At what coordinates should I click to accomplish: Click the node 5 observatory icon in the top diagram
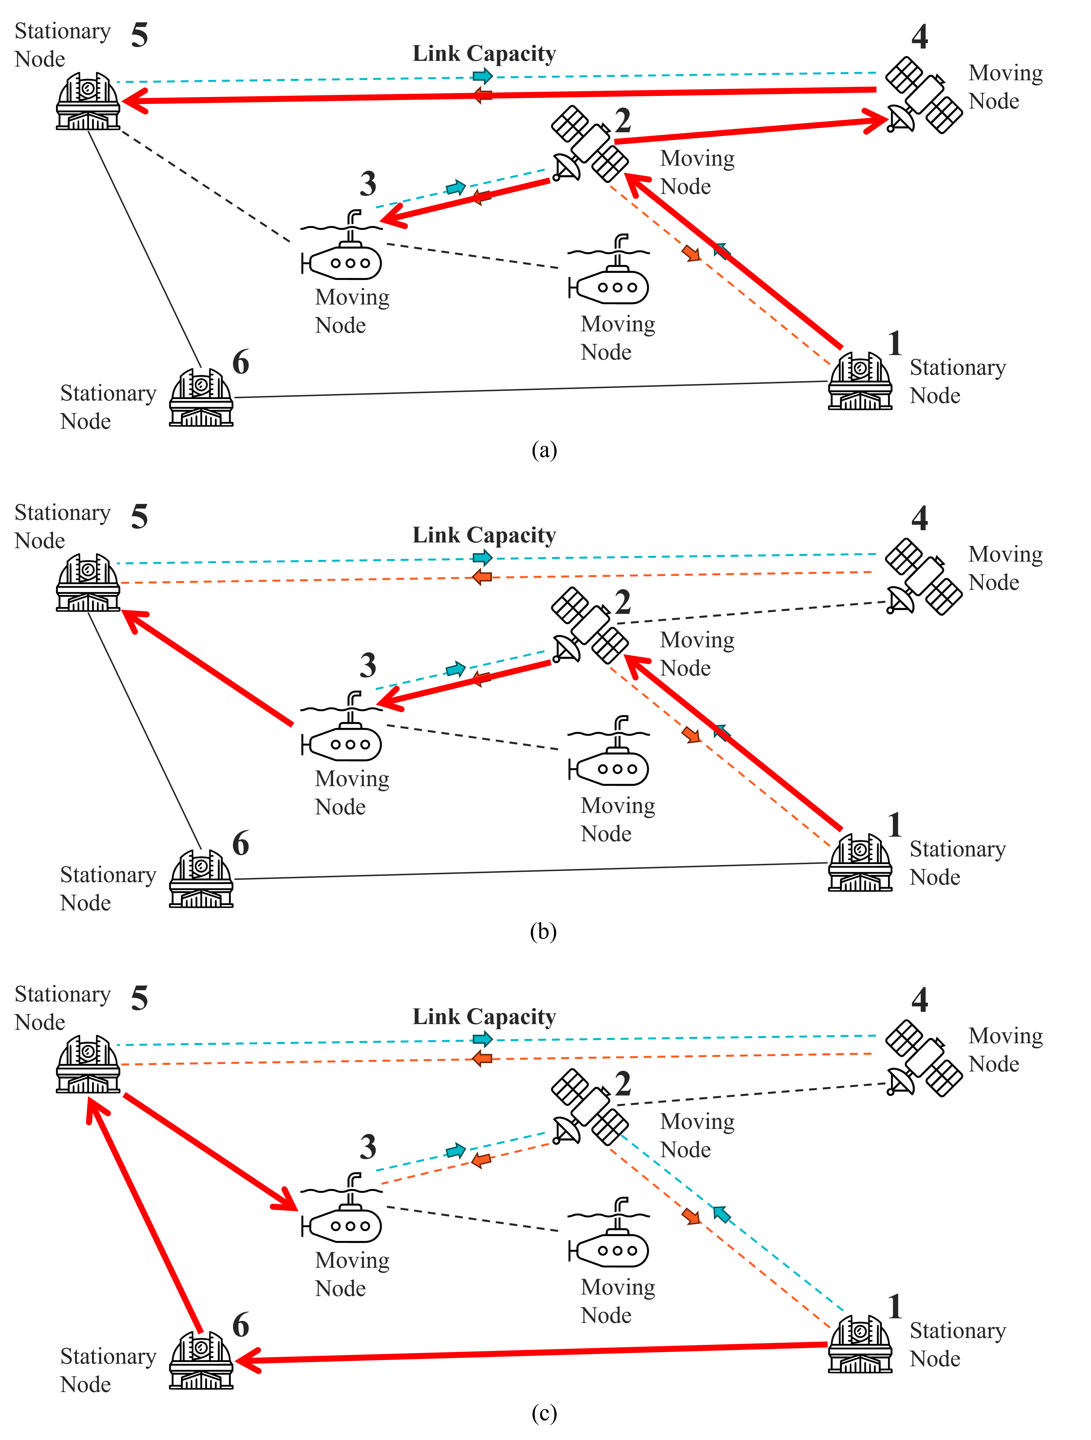click(x=88, y=101)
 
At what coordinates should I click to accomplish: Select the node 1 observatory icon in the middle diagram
click(x=860, y=863)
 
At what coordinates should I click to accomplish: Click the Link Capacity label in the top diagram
click(x=484, y=53)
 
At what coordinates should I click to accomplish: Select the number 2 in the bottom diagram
click(x=623, y=1083)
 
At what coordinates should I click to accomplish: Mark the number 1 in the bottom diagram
click(x=895, y=1306)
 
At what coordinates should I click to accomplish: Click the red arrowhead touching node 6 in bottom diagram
click(x=247, y=1360)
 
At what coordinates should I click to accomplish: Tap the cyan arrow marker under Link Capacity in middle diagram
click(x=482, y=557)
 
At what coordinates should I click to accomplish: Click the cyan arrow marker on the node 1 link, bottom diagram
click(x=721, y=1213)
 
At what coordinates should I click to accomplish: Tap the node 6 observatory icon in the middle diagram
click(x=201, y=879)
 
